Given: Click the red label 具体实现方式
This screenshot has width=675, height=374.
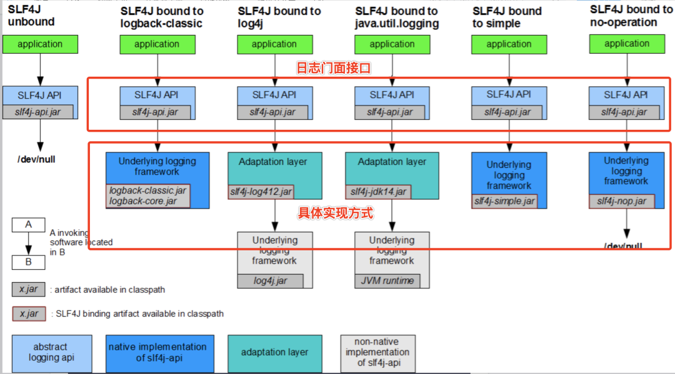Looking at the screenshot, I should point(335,214).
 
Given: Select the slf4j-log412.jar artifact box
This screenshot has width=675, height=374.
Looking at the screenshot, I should point(261,192).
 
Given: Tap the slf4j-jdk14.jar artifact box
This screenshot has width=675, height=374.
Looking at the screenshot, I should point(378,192).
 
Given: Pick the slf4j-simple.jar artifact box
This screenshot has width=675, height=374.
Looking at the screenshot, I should point(504,201).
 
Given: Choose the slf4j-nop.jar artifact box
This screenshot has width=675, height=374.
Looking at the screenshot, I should point(621,201).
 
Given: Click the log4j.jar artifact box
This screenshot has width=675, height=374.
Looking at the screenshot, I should point(270,281).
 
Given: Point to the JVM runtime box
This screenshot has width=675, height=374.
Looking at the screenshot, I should point(387,281).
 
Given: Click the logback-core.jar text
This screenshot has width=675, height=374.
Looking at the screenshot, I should point(142,201).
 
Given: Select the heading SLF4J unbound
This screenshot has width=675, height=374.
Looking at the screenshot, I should point(31,16).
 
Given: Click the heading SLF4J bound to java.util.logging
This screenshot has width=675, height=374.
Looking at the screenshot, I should point(397,17).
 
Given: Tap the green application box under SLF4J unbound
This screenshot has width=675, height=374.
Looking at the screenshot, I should point(40,44).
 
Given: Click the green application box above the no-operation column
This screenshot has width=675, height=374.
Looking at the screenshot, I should point(627,44).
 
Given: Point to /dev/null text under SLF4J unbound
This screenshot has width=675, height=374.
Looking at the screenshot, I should point(36,159).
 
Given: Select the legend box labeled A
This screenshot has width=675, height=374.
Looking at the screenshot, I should point(28,225).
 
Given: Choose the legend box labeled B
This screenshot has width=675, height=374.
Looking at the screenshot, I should point(28,262).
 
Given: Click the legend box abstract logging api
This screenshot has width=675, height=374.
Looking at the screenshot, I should point(52,352).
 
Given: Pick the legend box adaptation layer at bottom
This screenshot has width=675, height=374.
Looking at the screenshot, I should point(275,353).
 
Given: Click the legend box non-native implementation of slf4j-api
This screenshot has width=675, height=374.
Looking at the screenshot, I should point(377,353).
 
